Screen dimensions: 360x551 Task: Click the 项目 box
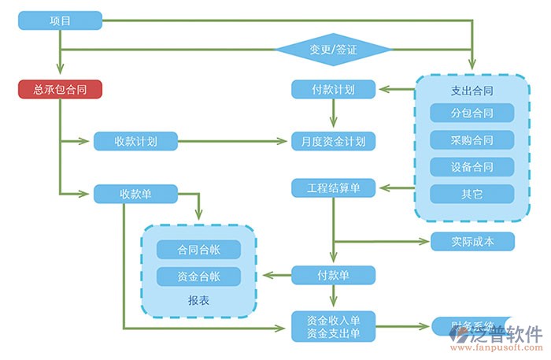tap(61, 20)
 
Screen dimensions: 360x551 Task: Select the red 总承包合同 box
tap(61, 89)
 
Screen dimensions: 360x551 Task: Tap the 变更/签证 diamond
tap(333, 50)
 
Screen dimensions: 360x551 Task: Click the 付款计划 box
tap(333, 89)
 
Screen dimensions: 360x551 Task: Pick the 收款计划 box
tap(135, 142)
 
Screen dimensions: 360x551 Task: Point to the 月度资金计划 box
tap(333, 142)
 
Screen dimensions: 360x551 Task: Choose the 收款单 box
tap(135, 194)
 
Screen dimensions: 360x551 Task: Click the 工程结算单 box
tap(333, 188)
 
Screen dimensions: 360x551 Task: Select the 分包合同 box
tap(472, 113)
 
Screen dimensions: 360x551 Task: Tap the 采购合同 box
tap(472, 140)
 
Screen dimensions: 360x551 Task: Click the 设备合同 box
tap(472, 167)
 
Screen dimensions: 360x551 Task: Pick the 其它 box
tap(472, 194)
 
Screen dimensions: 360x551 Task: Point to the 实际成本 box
tap(472, 241)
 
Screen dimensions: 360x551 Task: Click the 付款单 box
tap(333, 275)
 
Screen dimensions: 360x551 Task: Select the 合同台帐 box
tap(198, 250)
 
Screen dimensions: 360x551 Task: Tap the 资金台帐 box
tap(198, 276)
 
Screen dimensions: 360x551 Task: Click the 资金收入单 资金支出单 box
tap(333, 327)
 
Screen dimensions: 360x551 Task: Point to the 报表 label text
tap(198, 300)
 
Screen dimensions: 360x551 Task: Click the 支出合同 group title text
tap(472, 90)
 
